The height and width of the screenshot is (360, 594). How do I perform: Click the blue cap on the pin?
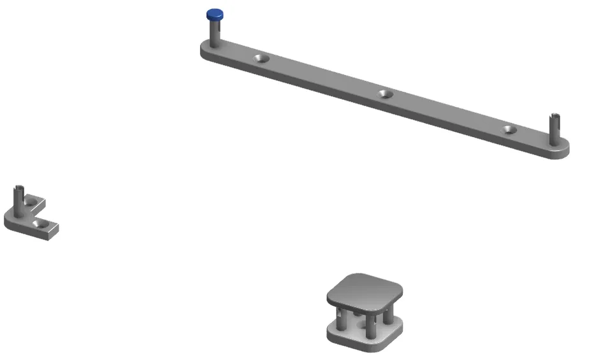(215, 15)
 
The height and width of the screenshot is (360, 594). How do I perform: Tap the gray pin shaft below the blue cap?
(215, 33)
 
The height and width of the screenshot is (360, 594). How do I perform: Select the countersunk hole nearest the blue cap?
(259, 58)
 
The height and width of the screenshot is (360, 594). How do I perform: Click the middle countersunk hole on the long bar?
(384, 94)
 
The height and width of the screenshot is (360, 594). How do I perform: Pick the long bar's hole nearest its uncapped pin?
(509, 129)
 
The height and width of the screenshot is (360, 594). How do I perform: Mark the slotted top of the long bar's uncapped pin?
(554, 117)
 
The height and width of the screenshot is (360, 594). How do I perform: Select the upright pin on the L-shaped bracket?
(19, 199)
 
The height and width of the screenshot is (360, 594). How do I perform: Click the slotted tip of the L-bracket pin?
(19, 189)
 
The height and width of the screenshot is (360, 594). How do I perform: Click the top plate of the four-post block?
(365, 290)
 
